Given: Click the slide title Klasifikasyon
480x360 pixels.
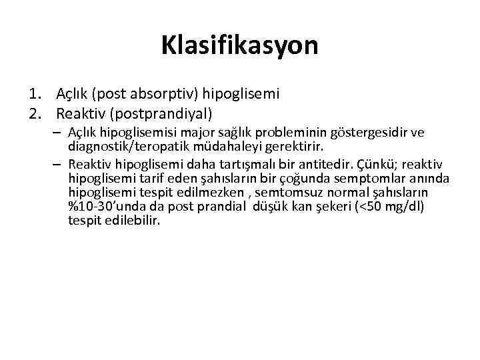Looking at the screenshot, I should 239,46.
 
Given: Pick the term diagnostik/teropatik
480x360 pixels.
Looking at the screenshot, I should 125,145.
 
